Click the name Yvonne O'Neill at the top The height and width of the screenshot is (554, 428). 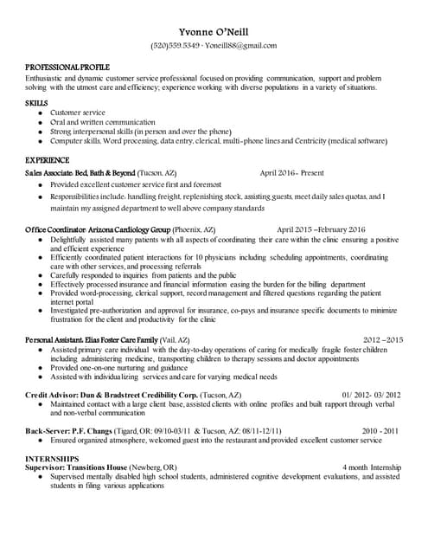(214, 29)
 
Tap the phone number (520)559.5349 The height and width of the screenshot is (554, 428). (176, 45)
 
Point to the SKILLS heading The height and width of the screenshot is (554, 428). (36, 103)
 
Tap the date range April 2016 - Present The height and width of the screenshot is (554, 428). (291, 173)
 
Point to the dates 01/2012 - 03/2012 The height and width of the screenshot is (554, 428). (371, 394)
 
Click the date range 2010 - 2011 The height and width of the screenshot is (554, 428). (381, 429)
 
